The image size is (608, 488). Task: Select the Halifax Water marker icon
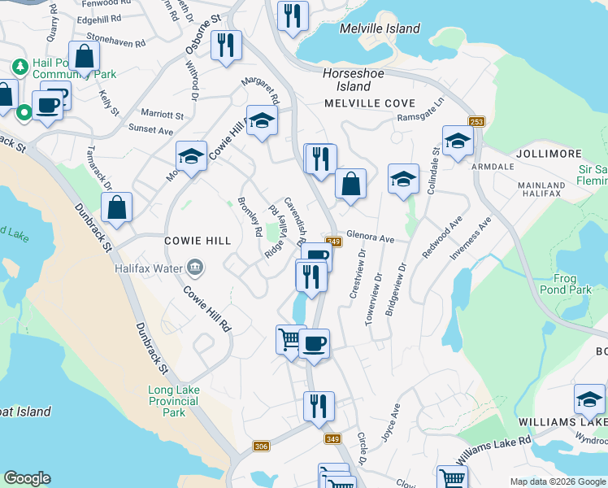[x=195, y=267]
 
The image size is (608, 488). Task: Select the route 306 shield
[x=261, y=446]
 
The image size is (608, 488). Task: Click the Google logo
[x=27, y=478]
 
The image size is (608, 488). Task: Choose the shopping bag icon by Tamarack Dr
[x=117, y=207]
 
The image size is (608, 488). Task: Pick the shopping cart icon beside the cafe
[x=290, y=338]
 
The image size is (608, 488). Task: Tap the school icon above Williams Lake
[x=589, y=399]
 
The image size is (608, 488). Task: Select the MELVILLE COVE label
[x=370, y=104]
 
